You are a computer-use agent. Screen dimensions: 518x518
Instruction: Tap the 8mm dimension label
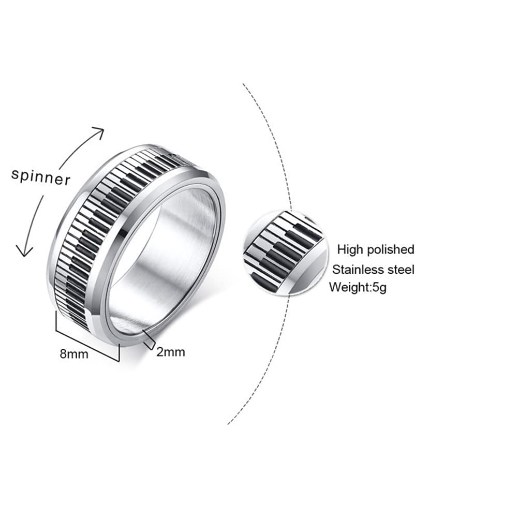74,354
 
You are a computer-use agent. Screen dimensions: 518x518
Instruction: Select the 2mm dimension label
170,352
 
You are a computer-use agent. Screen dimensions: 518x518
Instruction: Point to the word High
350,249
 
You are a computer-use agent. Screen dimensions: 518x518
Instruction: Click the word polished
391,249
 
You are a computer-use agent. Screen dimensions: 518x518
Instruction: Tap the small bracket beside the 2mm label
149,339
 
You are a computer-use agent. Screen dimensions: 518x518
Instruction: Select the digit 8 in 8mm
63,354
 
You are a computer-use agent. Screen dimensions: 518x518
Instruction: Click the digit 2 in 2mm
160,352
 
